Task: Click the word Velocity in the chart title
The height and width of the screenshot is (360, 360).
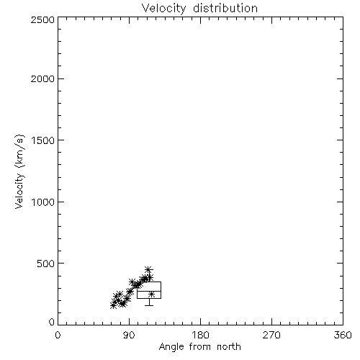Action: [163, 9]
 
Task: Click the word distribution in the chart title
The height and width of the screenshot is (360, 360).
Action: [225, 8]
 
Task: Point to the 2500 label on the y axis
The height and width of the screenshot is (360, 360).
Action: [43, 19]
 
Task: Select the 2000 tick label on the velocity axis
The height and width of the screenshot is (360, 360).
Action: [43, 79]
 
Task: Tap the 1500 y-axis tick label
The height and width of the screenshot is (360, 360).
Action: [43, 140]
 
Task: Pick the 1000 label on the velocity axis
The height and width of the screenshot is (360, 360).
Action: [43, 202]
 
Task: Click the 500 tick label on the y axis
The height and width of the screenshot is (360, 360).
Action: [46, 264]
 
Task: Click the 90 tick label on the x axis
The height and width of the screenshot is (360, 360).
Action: [130, 335]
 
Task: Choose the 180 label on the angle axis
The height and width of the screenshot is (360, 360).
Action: [200, 335]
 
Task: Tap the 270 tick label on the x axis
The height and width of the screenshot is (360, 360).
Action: [271, 335]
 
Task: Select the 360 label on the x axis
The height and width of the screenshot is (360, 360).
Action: [343, 335]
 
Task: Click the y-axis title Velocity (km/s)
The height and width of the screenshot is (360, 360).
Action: [19, 172]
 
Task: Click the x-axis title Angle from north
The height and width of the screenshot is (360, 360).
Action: [200, 347]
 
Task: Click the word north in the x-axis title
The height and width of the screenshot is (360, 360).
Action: [229, 347]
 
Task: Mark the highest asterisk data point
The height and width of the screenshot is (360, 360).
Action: [148, 269]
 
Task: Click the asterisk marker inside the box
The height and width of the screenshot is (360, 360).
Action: [151, 294]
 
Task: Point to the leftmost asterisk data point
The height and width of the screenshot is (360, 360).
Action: [113, 305]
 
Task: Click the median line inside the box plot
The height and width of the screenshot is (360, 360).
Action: [149, 291]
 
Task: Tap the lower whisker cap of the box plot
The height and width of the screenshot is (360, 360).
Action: [149, 305]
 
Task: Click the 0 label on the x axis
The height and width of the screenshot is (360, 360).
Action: [58, 335]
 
